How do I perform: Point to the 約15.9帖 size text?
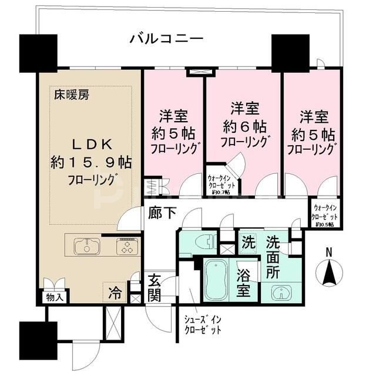pos(91,163)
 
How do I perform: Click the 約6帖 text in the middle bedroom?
pos(244,126)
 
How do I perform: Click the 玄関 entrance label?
pos(154,288)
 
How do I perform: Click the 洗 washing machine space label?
pos(247,241)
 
